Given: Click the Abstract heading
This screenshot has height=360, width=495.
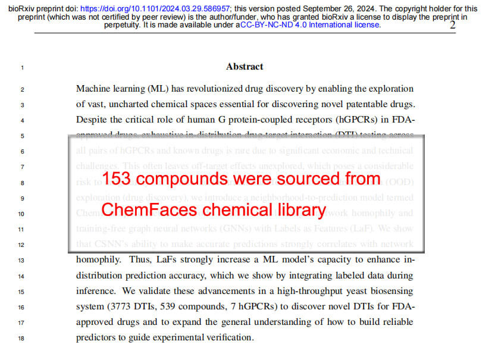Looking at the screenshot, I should (245, 67).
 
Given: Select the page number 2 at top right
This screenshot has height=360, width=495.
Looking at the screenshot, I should (453, 24).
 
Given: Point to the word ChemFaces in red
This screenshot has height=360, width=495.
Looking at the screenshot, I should (147, 210).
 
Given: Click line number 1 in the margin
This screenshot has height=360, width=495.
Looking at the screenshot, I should (22, 67).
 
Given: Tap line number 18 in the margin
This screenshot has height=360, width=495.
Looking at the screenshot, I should (22, 338).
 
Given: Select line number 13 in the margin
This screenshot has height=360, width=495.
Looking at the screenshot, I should (22, 260).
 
